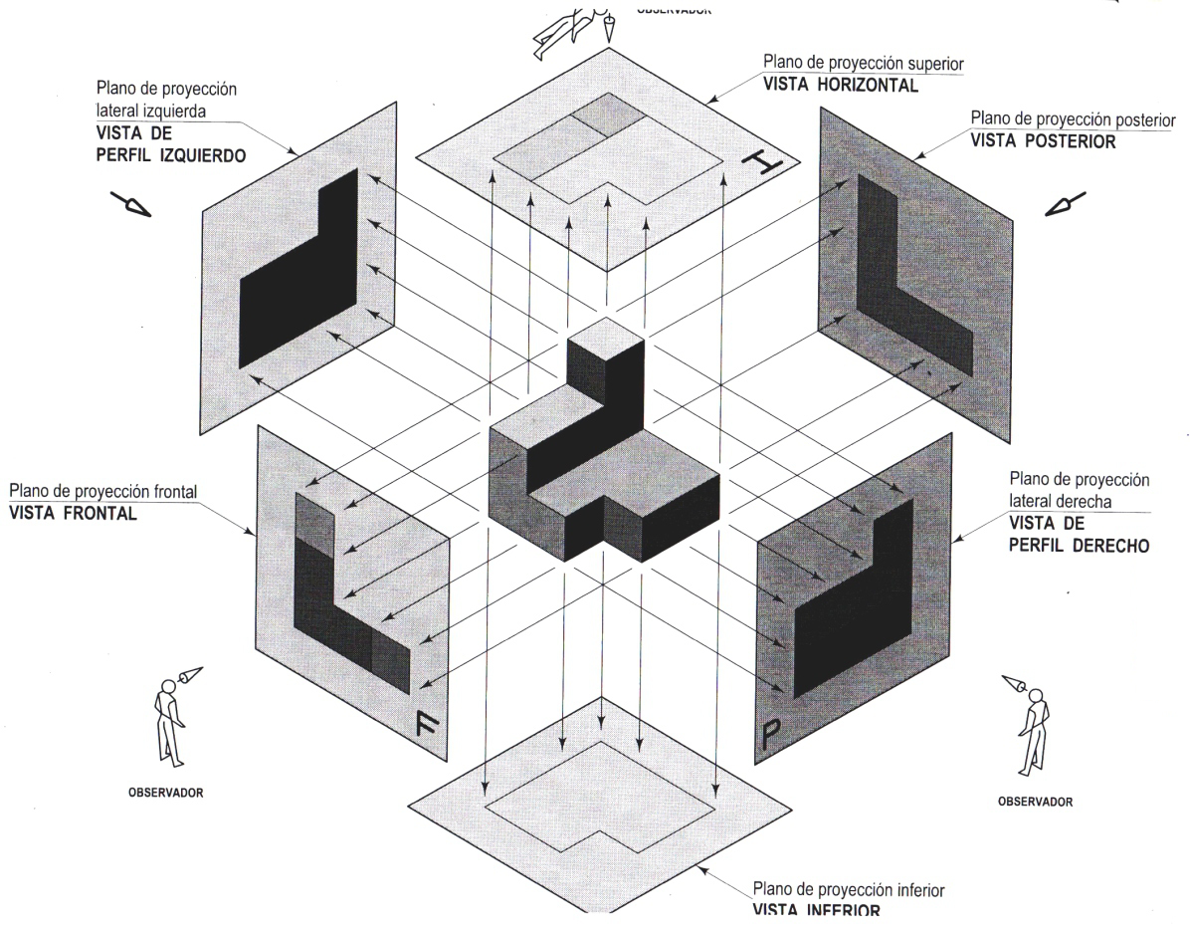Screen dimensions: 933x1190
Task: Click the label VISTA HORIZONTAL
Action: pos(841,85)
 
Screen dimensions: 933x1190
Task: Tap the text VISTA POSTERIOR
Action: pos(1043,140)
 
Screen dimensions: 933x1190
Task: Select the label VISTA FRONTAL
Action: pos(72,514)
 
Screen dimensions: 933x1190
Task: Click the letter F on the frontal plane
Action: pos(425,724)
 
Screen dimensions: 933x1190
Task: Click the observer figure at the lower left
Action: pos(171,719)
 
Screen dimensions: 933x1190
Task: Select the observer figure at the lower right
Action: pos(1031,724)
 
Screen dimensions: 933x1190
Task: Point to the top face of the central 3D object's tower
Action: pos(606,337)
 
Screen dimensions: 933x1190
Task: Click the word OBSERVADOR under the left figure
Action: pos(167,794)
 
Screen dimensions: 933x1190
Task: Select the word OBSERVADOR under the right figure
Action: pos(1035,802)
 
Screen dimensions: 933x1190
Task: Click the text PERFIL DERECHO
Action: pos(1079,546)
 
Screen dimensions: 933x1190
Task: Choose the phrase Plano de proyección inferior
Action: pos(848,889)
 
